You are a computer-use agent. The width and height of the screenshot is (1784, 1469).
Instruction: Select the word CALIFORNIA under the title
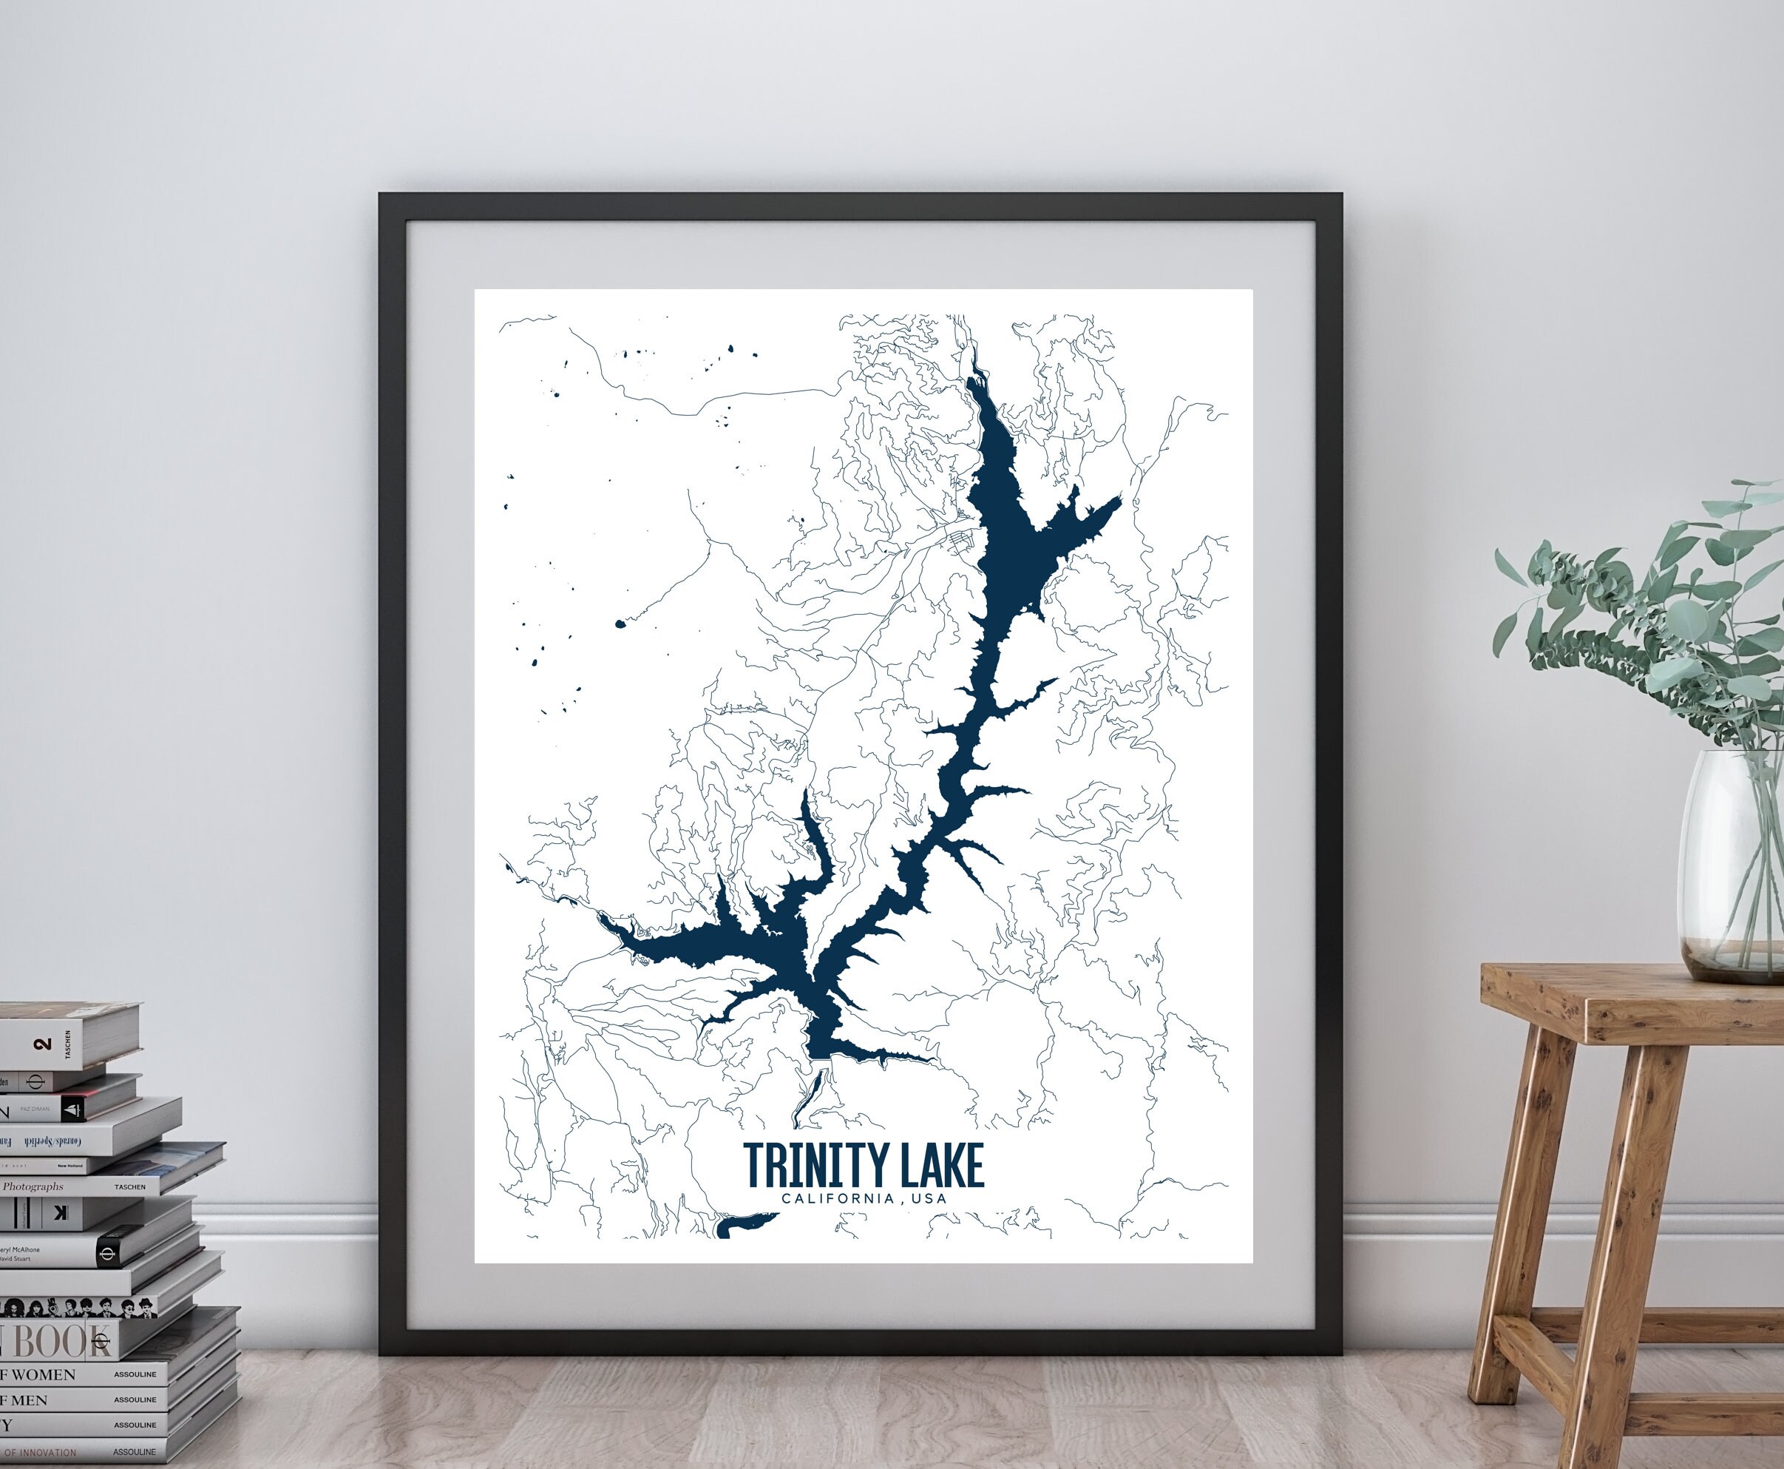(838, 1198)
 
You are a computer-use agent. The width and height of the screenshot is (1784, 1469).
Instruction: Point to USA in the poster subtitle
(929, 1198)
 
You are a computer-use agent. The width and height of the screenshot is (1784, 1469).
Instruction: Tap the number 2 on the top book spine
(43, 1044)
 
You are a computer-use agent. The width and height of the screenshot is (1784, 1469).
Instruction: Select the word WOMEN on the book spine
(42, 1375)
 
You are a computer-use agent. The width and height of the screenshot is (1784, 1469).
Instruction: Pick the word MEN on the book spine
(29, 1400)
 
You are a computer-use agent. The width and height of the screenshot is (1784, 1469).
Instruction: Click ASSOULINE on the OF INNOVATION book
(135, 1452)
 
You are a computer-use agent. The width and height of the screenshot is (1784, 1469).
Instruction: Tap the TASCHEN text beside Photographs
(130, 1187)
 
